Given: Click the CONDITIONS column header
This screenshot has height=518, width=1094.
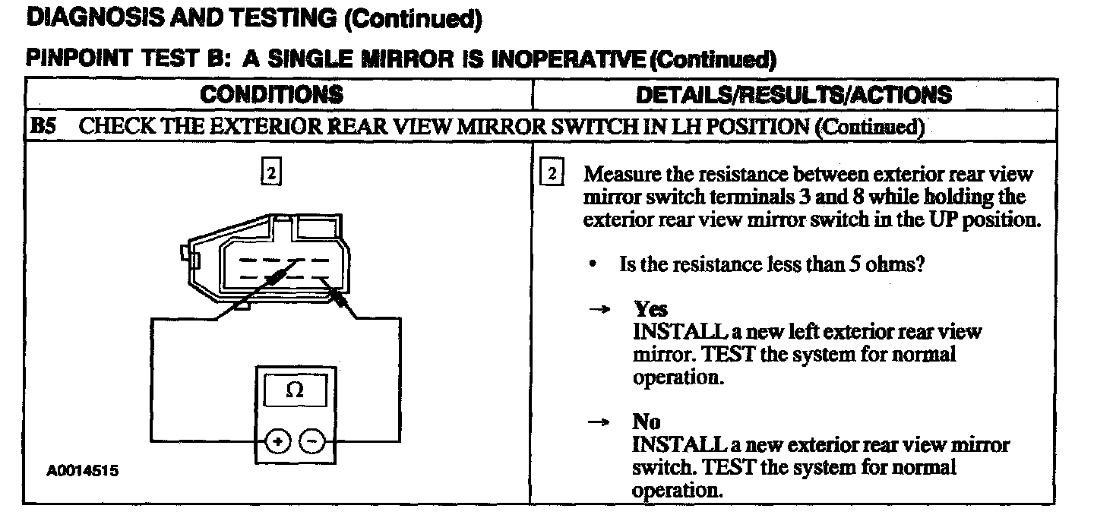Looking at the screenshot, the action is [271, 94].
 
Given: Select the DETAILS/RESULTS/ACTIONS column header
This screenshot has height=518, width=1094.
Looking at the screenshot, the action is [793, 94].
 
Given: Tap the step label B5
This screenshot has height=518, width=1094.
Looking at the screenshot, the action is [42, 127].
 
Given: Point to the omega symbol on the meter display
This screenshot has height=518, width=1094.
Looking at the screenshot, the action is [296, 392].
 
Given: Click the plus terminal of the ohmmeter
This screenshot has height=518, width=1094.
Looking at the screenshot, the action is [278, 441].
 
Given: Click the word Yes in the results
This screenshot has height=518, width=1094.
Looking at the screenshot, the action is [650, 309].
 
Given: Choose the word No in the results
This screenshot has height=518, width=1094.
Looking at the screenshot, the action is [647, 422].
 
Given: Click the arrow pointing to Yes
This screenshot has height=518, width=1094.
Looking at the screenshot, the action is [599, 309].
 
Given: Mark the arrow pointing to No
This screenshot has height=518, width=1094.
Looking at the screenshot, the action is [599, 422].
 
